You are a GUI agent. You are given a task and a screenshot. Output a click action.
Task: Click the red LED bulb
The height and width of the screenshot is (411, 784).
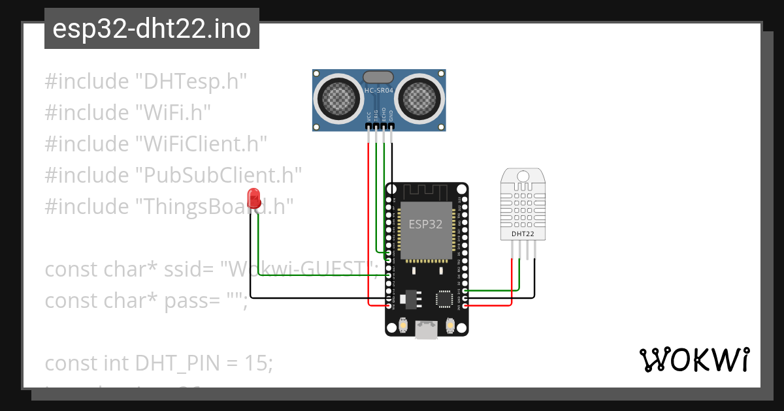click(x=254, y=197)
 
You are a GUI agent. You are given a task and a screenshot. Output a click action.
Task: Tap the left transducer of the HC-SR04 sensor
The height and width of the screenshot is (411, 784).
click(x=340, y=97)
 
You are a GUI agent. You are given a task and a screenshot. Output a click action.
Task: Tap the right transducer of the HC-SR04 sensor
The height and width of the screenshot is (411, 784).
click(x=421, y=97)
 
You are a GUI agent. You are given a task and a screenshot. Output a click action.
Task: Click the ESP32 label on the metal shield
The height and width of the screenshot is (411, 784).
click(x=425, y=224)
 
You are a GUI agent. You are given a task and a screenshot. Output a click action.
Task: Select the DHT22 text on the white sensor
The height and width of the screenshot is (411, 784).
click(x=523, y=233)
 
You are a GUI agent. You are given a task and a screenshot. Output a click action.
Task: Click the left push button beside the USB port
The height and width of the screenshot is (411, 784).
click(x=402, y=324)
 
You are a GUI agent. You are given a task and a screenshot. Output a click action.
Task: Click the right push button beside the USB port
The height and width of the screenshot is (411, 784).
click(x=450, y=324)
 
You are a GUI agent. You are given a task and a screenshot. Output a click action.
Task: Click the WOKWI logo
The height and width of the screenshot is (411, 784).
click(x=694, y=359)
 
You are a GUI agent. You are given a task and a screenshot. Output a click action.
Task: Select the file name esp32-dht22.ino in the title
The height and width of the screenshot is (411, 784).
click(x=152, y=29)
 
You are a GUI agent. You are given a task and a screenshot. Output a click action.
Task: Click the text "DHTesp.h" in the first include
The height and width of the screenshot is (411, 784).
click(x=190, y=82)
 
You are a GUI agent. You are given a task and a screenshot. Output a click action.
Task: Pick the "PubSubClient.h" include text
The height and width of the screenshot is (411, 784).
click(x=218, y=175)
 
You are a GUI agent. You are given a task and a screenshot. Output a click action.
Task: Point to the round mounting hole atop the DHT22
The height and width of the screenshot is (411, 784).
click(x=523, y=176)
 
